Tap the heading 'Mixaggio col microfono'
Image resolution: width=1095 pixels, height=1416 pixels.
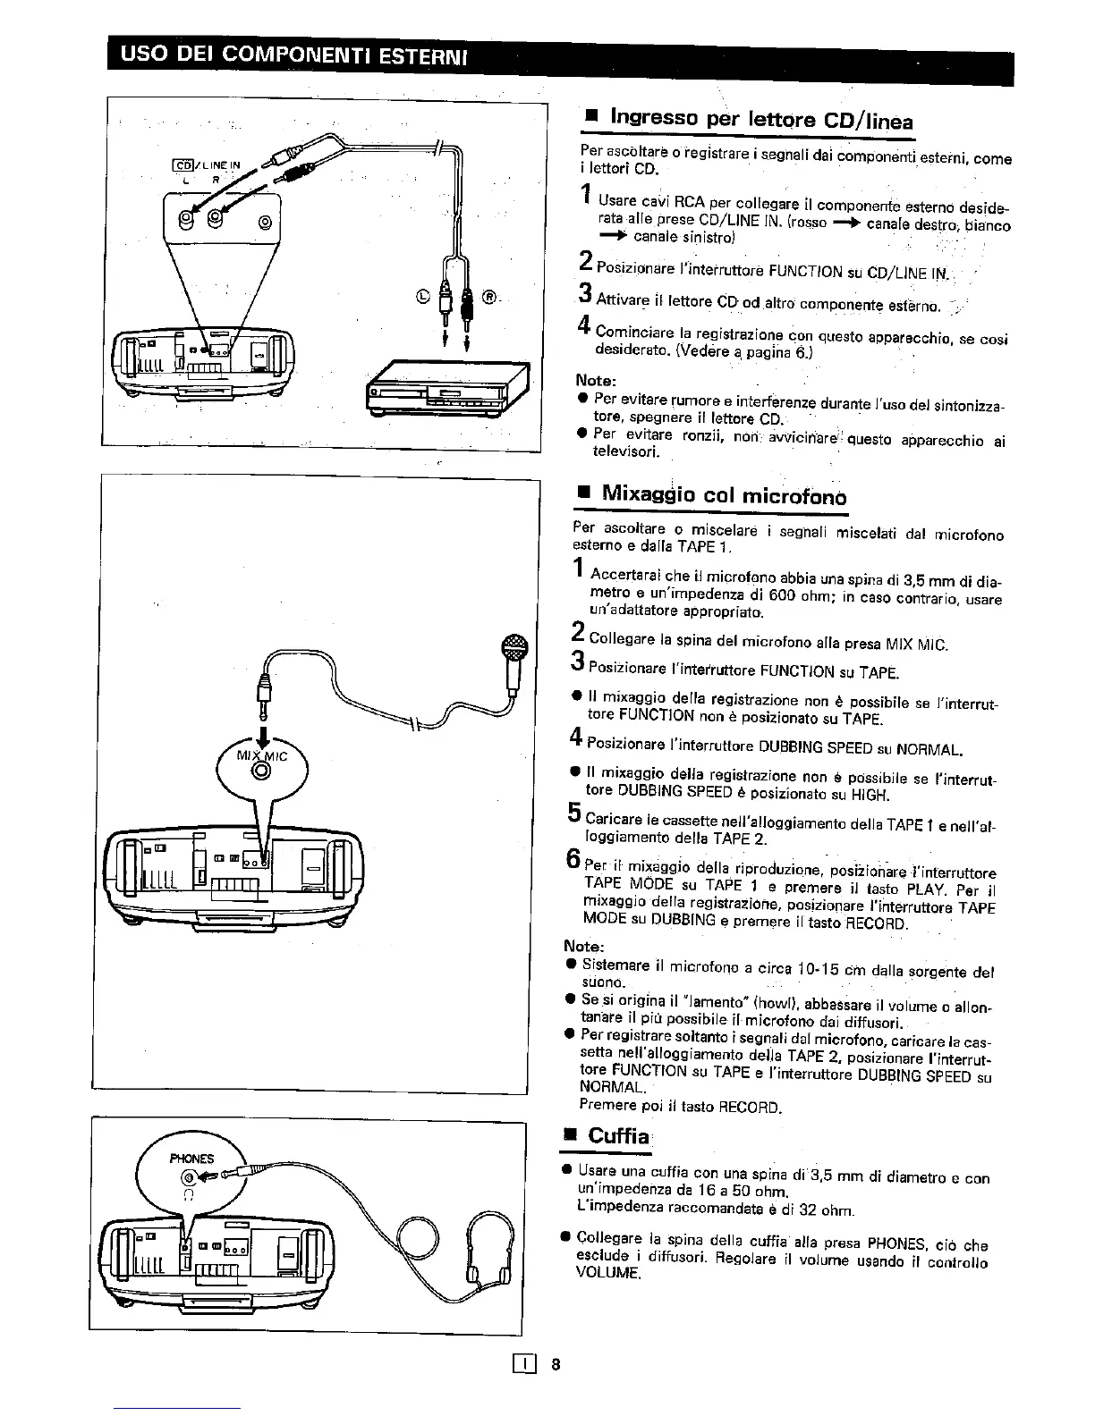click(x=724, y=494)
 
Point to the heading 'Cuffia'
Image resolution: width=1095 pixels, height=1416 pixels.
click(x=617, y=1136)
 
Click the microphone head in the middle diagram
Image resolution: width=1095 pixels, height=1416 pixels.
click(x=514, y=648)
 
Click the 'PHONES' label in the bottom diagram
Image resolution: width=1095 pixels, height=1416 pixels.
click(x=191, y=1159)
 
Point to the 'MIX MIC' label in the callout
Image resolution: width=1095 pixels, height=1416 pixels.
click(x=261, y=756)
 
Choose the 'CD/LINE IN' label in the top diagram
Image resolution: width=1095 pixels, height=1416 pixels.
click(x=208, y=164)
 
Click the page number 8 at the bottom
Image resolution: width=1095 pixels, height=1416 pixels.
click(x=556, y=1365)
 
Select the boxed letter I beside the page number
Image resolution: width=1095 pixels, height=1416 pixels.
click(x=522, y=1365)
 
